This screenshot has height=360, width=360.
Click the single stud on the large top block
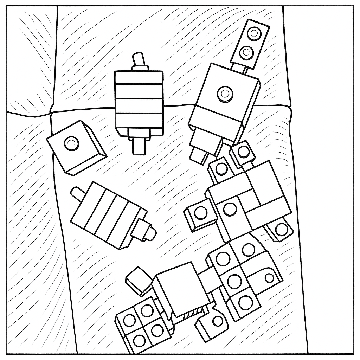224,94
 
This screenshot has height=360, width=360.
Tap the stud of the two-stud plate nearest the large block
246,52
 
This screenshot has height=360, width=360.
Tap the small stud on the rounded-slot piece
269,278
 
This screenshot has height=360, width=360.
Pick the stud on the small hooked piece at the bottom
218,321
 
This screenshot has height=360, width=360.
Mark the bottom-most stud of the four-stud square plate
140,340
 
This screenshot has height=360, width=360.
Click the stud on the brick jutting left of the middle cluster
201,213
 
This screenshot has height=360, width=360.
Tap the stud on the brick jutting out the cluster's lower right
281,230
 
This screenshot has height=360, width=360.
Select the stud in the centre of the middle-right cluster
230,210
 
